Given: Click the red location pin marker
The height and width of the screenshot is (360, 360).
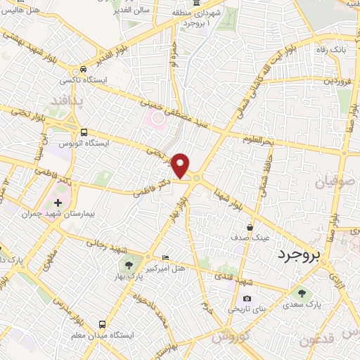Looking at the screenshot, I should click(181, 165).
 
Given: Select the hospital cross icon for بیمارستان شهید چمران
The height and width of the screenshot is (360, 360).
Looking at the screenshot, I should click(58, 202).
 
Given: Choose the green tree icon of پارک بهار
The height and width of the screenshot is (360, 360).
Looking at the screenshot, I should click(129, 265).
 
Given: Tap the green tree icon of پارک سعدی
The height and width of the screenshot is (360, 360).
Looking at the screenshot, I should click(302, 293).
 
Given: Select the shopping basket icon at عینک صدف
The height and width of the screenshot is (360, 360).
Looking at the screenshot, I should click(251, 227).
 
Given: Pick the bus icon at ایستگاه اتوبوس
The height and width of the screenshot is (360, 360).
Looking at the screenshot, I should click(84, 131).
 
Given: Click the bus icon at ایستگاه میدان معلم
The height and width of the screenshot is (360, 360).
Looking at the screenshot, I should click(103, 324).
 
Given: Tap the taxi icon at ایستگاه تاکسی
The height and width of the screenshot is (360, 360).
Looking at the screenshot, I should click(83, 70).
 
